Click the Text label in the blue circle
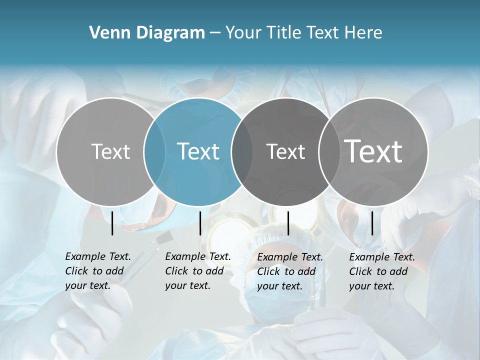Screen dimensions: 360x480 (198, 151)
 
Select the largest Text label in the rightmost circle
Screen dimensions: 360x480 (373, 151)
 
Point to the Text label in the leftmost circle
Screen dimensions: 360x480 (110, 151)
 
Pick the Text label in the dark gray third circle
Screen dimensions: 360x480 (285, 151)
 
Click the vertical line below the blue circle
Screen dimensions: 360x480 (200, 223)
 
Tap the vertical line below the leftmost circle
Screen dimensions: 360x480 (112, 223)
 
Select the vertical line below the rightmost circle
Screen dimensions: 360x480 (372, 223)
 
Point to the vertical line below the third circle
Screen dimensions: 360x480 (288, 223)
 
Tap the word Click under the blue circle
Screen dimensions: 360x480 (176, 271)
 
